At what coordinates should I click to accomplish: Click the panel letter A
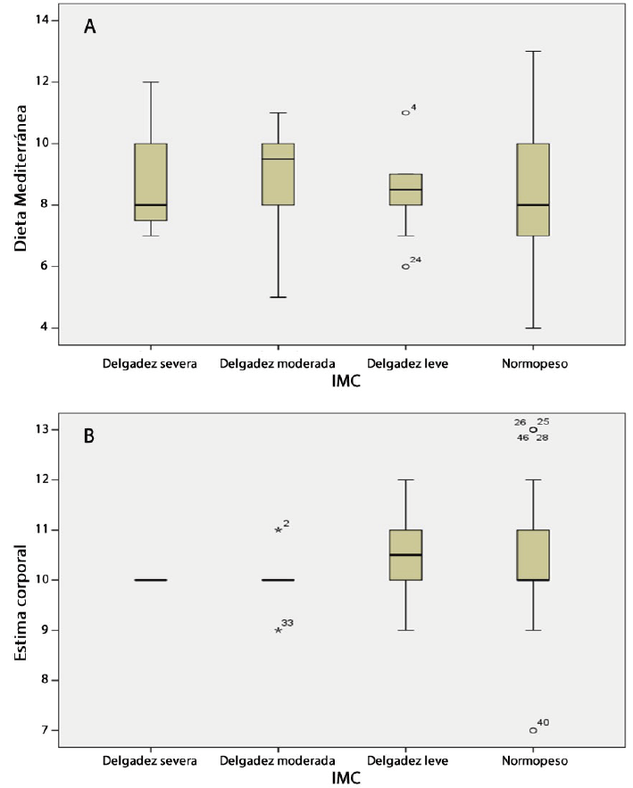[x=89, y=27]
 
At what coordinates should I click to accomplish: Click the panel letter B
[x=89, y=437]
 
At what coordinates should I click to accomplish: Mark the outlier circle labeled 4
[x=405, y=112]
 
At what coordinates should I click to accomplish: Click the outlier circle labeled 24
[x=405, y=266]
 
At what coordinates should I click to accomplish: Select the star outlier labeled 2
[x=279, y=530]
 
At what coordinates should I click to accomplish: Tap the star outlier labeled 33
[x=279, y=630]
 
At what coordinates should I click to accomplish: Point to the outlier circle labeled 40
[x=533, y=730]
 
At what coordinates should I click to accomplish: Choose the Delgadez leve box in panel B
[x=405, y=554]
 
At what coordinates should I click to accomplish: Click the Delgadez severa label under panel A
[x=150, y=363]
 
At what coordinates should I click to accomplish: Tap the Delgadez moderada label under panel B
[x=278, y=761]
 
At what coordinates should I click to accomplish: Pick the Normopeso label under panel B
[x=533, y=761]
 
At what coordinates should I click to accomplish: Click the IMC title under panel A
[x=344, y=382]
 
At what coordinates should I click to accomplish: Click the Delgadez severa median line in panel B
[x=151, y=580]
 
